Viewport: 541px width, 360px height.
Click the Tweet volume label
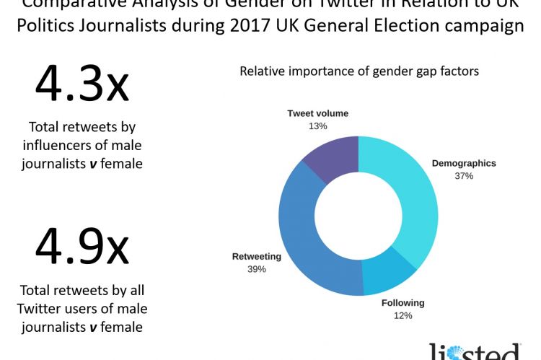tap(317, 113)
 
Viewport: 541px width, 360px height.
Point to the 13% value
tap(317, 126)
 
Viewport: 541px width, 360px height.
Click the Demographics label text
tap(464, 163)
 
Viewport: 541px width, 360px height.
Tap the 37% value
tap(464, 176)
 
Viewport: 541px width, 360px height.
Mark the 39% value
tap(256, 269)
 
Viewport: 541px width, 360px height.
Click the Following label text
tap(403, 302)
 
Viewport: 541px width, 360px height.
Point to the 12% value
tap(403, 315)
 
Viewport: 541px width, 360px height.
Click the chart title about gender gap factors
tap(359, 71)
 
